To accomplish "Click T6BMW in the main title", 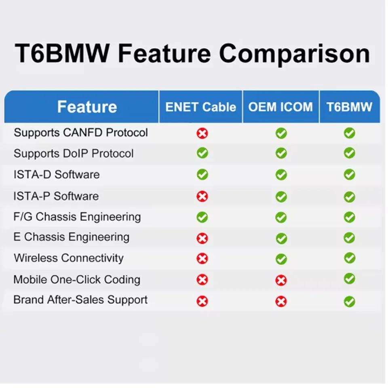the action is [x=62, y=53].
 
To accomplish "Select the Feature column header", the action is [x=87, y=107].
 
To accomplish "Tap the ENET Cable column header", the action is [x=200, y=107].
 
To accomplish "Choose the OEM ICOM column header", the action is [x=280, y=107].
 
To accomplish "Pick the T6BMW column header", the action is [x=349, y=107].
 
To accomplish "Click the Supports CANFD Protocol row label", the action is [x=81, y=133].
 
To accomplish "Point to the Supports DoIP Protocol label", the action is [x=74, y=154].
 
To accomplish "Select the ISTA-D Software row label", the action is [x=57, y=175].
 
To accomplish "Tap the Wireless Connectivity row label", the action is [x=69, y=258].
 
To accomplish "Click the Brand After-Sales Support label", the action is [x=80, y=299].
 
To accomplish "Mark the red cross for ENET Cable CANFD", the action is [x=202, y=133].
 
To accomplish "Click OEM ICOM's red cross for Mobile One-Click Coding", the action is [x=281, y=280].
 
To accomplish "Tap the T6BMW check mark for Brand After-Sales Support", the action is [x=349, y=302].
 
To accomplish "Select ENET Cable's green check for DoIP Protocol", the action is [x=202, y=153].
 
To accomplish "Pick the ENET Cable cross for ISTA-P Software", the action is [x=202, y=197].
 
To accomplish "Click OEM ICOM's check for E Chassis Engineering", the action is [x=281, y=238].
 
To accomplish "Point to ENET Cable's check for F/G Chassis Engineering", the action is [x=202, y=217].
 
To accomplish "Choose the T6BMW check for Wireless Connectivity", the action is [x=350, y=258].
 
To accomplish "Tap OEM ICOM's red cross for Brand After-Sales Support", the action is [x=281, y=302].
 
